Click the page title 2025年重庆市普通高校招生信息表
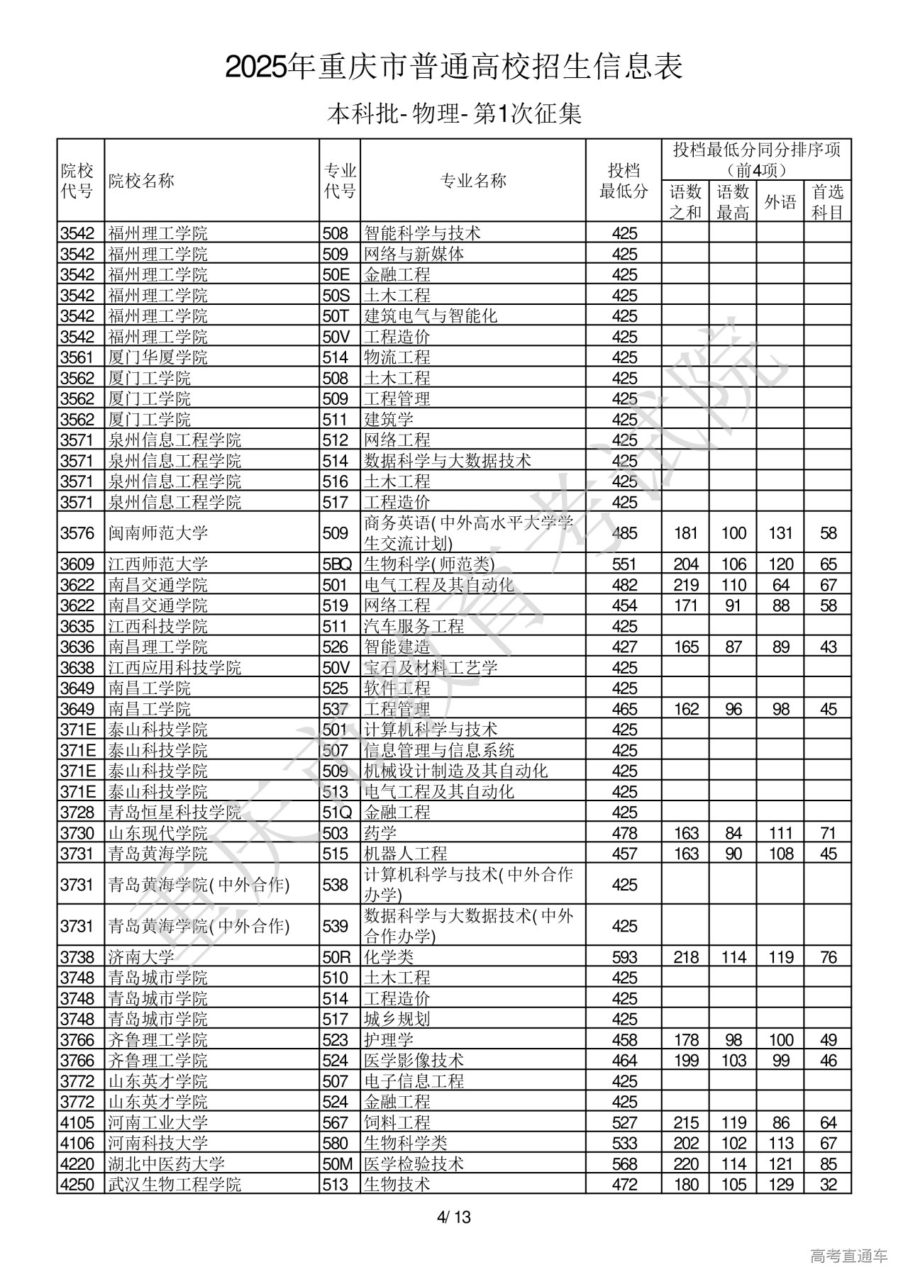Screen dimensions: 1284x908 454,67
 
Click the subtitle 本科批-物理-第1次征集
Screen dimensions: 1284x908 454,113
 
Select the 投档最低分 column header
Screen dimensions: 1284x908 624,181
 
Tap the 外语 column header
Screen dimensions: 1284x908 780,202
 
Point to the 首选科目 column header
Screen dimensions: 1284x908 827,202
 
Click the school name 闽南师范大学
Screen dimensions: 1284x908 148,533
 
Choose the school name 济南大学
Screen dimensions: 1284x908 131,957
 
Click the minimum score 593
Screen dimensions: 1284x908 624,957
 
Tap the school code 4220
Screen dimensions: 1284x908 77,1163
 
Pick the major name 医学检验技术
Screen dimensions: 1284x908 414,1163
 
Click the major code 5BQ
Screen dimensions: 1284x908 337,564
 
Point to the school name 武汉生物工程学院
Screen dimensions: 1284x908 175,1184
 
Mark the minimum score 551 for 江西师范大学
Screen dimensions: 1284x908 624,564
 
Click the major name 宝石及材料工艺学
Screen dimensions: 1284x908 431,668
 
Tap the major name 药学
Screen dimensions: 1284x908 380,833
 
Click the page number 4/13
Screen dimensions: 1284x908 454,1218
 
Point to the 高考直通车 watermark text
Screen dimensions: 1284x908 848,1256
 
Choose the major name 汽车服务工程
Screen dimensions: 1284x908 414,627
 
